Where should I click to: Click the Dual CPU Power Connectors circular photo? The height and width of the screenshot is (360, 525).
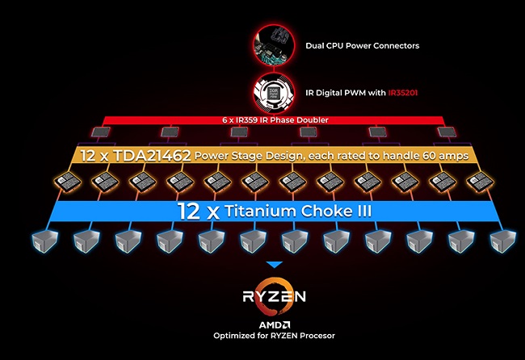click(275, 44)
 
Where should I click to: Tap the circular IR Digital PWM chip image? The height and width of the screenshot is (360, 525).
click(275, 92)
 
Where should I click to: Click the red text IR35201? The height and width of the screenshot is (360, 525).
click(403, 93)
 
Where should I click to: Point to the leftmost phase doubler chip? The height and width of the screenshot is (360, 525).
click(101, 132)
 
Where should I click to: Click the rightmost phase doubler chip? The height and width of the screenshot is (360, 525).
click(447, 132)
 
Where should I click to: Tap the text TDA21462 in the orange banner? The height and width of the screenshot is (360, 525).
click(152, 156)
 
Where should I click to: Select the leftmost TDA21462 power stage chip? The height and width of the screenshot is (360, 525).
click(67, 182)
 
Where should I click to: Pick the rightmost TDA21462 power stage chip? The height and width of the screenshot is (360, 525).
click(480, 182)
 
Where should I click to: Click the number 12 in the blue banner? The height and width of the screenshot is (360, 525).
click(189, 211)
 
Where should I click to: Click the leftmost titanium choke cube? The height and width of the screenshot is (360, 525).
click(44, 241)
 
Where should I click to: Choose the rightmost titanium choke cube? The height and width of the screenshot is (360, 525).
click(503, 241)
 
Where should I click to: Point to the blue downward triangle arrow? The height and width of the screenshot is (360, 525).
click(275, 265)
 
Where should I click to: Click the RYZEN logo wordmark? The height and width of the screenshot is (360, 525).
click(275, 296)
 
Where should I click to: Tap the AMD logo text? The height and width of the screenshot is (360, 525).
click(275, 324)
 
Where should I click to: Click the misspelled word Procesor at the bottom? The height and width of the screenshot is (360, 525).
click(317, 336)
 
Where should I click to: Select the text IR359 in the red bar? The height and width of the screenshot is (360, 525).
click(244, 119)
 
